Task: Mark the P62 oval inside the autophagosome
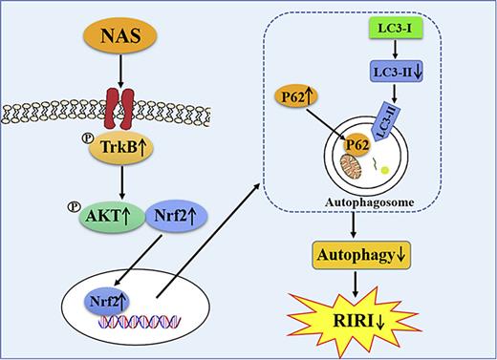point(359,146)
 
